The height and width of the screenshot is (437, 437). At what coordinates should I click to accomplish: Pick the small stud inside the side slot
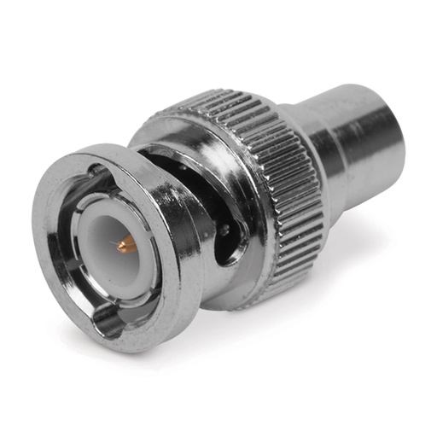(x=224, y=229)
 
